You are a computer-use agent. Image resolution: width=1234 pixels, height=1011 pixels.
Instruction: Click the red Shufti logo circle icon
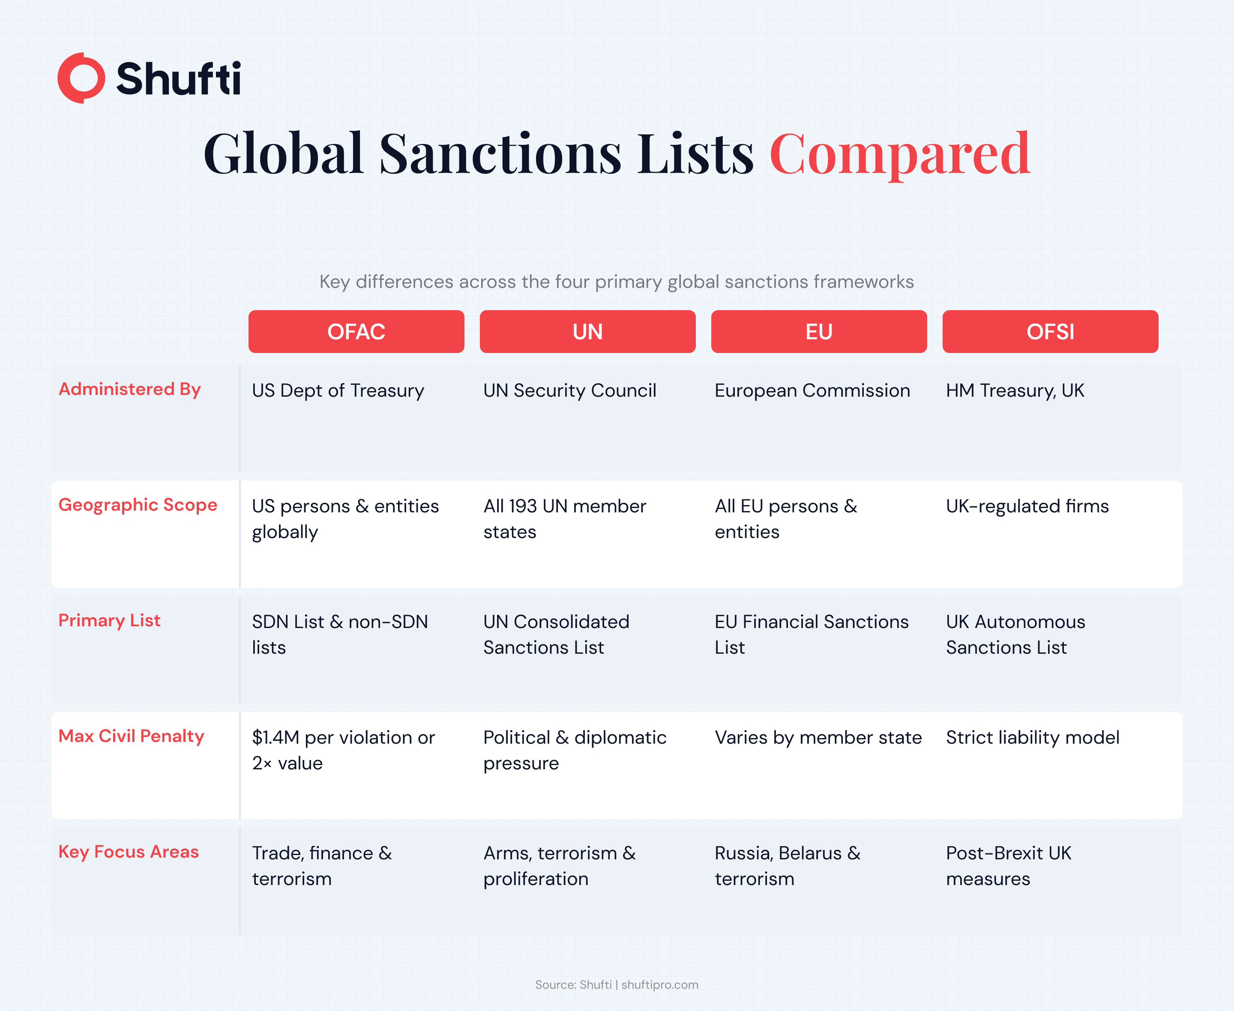point(81,78)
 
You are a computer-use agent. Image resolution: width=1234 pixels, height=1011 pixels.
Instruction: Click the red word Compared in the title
point(900,154)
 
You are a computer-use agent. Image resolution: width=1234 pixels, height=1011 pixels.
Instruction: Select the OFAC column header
point(356,332)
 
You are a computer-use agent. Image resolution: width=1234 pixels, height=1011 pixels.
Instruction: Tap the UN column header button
point(587,332)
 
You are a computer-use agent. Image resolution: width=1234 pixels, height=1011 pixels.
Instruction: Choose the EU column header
point(818,332)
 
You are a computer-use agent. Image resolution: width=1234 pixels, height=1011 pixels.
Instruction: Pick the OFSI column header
point(1050,332)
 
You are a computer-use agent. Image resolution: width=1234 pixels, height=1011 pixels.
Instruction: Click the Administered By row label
point(130,389)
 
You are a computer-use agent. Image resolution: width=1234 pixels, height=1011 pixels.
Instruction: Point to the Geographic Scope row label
point(138,504)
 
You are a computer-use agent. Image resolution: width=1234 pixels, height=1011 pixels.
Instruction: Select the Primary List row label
point(110,620)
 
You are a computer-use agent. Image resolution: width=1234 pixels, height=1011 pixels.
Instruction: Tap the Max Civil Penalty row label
point(131,736)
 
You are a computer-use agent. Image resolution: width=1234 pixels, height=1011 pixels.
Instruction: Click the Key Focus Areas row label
point(129,852)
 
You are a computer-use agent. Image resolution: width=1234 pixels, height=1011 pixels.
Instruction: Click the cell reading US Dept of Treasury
point(338,390)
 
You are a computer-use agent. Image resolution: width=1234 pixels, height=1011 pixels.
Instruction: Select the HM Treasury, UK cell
point(1015,390)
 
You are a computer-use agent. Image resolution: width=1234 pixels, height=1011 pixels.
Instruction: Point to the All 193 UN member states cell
point(564,518)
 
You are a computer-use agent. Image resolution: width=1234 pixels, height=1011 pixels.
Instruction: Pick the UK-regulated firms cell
point(1027,506)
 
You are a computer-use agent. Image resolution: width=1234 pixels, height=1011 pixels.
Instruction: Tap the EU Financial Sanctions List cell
point(811,634)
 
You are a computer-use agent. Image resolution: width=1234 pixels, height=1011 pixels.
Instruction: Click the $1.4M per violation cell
point(343,750)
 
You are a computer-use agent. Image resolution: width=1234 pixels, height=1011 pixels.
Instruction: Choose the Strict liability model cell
point(1032,737)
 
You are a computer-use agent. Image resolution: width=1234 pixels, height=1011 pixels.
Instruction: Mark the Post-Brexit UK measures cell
point(1008,865)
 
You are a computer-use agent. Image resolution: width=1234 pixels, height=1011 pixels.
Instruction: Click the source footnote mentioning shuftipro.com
point(617,984)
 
